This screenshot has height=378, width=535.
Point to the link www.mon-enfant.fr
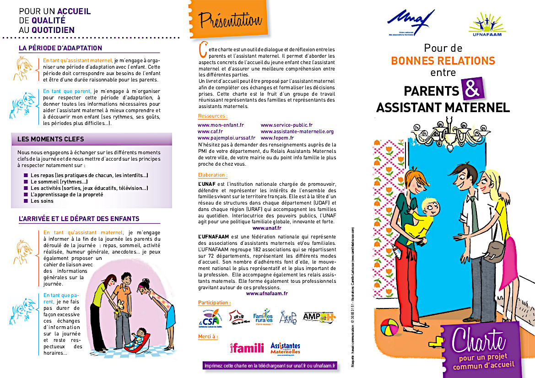[x=221, y=125]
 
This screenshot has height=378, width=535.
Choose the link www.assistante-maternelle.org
[x=297, y=131]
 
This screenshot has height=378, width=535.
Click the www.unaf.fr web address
[x=267, y=227]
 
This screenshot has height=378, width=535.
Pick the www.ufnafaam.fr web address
[x=267, y=293]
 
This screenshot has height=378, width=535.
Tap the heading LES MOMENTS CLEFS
[x=51, y=139]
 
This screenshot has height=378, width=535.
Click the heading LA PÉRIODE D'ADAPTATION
[x=60, y=48]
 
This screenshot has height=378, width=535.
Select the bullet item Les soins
[x=42, y=201]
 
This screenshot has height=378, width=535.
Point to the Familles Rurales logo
[x=263, y=316]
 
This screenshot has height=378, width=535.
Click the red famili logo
[x=247, y=348]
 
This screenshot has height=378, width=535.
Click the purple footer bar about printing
[x=270, y=366]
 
